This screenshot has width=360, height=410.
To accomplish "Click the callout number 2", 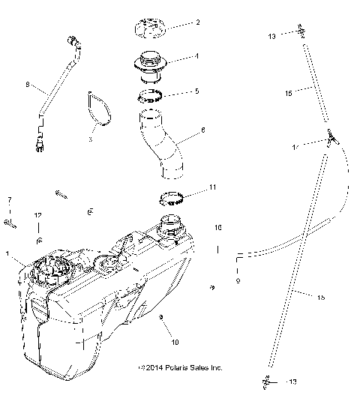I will [197, 23].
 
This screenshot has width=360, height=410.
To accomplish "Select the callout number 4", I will [196, 55].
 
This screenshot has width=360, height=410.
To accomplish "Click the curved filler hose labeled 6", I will [164, 144].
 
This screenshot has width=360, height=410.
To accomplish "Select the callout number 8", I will [28, 86].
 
